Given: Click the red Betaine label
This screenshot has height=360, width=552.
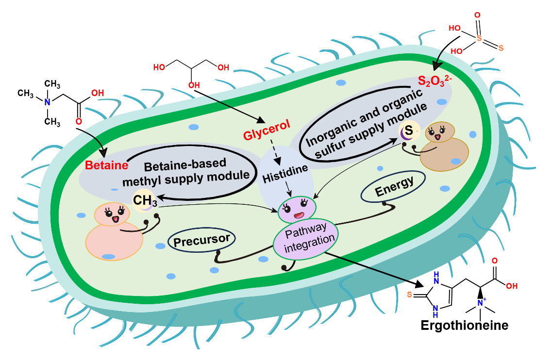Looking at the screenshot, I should point(106,165).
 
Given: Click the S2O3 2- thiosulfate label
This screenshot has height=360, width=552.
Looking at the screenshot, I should point(435,79).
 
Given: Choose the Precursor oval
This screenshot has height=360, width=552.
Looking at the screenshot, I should point(201,240).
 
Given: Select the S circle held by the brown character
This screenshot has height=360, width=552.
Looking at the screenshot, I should point(409,131).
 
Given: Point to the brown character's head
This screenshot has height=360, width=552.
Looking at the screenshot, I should point(440,132).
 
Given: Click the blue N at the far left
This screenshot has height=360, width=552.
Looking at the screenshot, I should point(47,102).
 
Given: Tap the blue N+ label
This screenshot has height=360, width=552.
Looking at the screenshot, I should point(482,302).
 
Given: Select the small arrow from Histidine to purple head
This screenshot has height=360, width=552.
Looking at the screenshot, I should point(289,190).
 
